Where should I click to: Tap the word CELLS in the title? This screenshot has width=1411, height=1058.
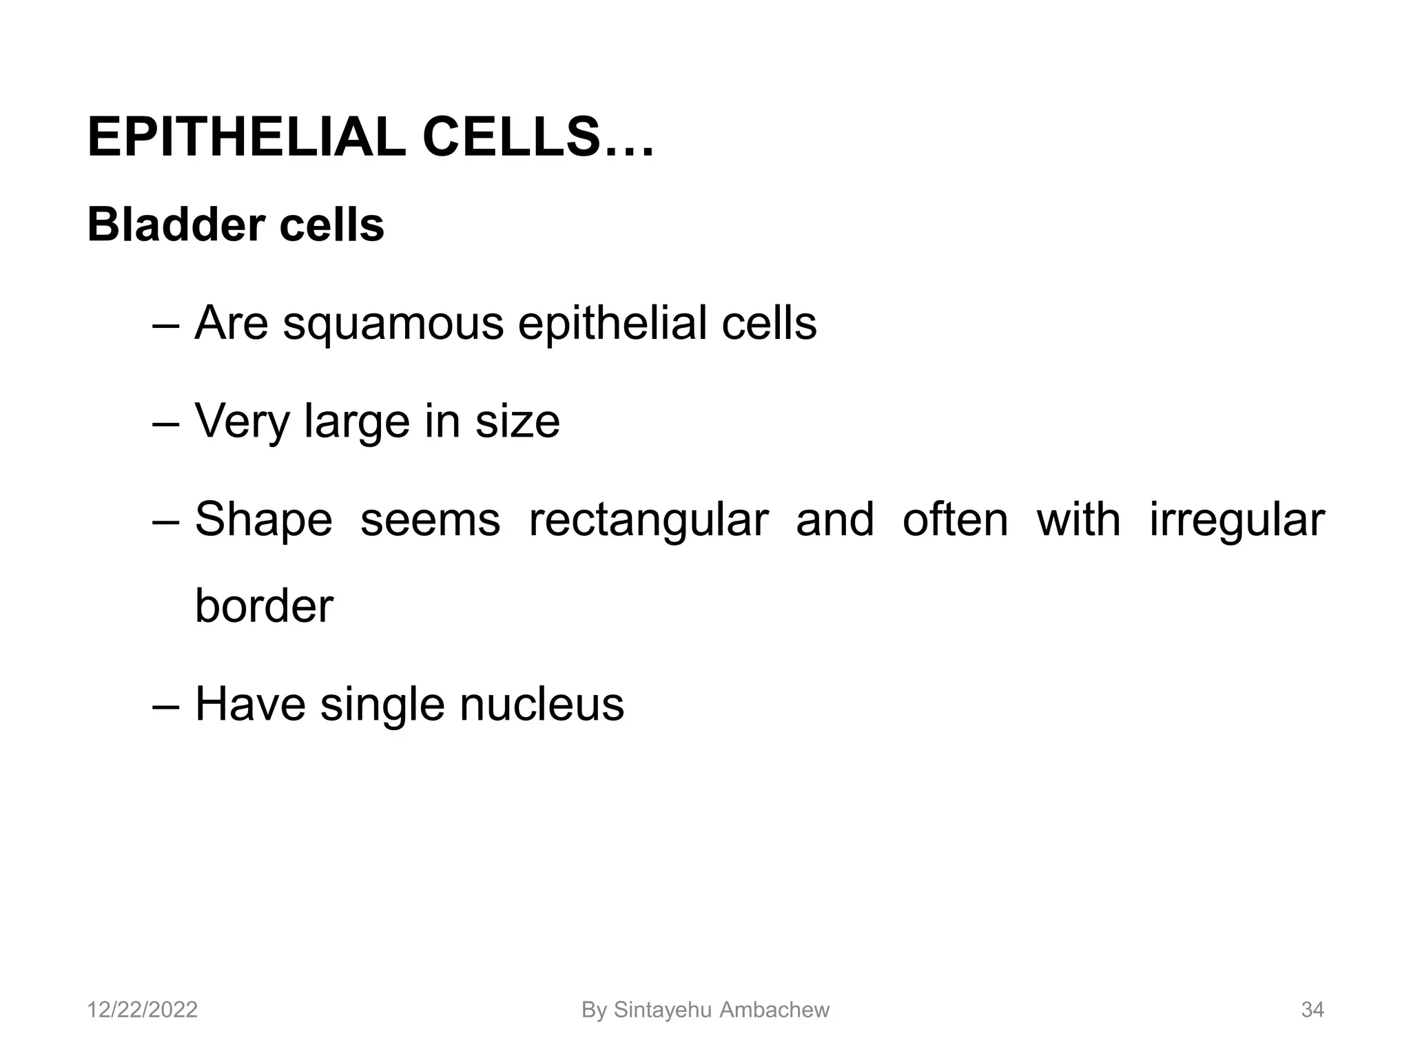tap(510, 138)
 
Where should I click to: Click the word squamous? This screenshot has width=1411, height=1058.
tap(393, 323)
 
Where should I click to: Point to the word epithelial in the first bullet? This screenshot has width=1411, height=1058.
tap(612, 323)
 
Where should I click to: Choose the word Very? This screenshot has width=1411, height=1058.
tap(242, 422)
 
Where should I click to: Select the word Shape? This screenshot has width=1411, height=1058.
tap(263, 521)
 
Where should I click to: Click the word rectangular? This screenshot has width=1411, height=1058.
tap(648, 521)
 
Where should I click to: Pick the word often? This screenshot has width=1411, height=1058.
tap(955, 519)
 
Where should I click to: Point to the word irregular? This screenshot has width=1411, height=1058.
tap(1237, 521)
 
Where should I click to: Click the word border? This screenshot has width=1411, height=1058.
tap(264, 606)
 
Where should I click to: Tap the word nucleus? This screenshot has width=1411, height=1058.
tap(542, 705)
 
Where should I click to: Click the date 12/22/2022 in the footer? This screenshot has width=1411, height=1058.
tap(143, 1010)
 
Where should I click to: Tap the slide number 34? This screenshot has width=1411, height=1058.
tap(1312, 1010)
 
